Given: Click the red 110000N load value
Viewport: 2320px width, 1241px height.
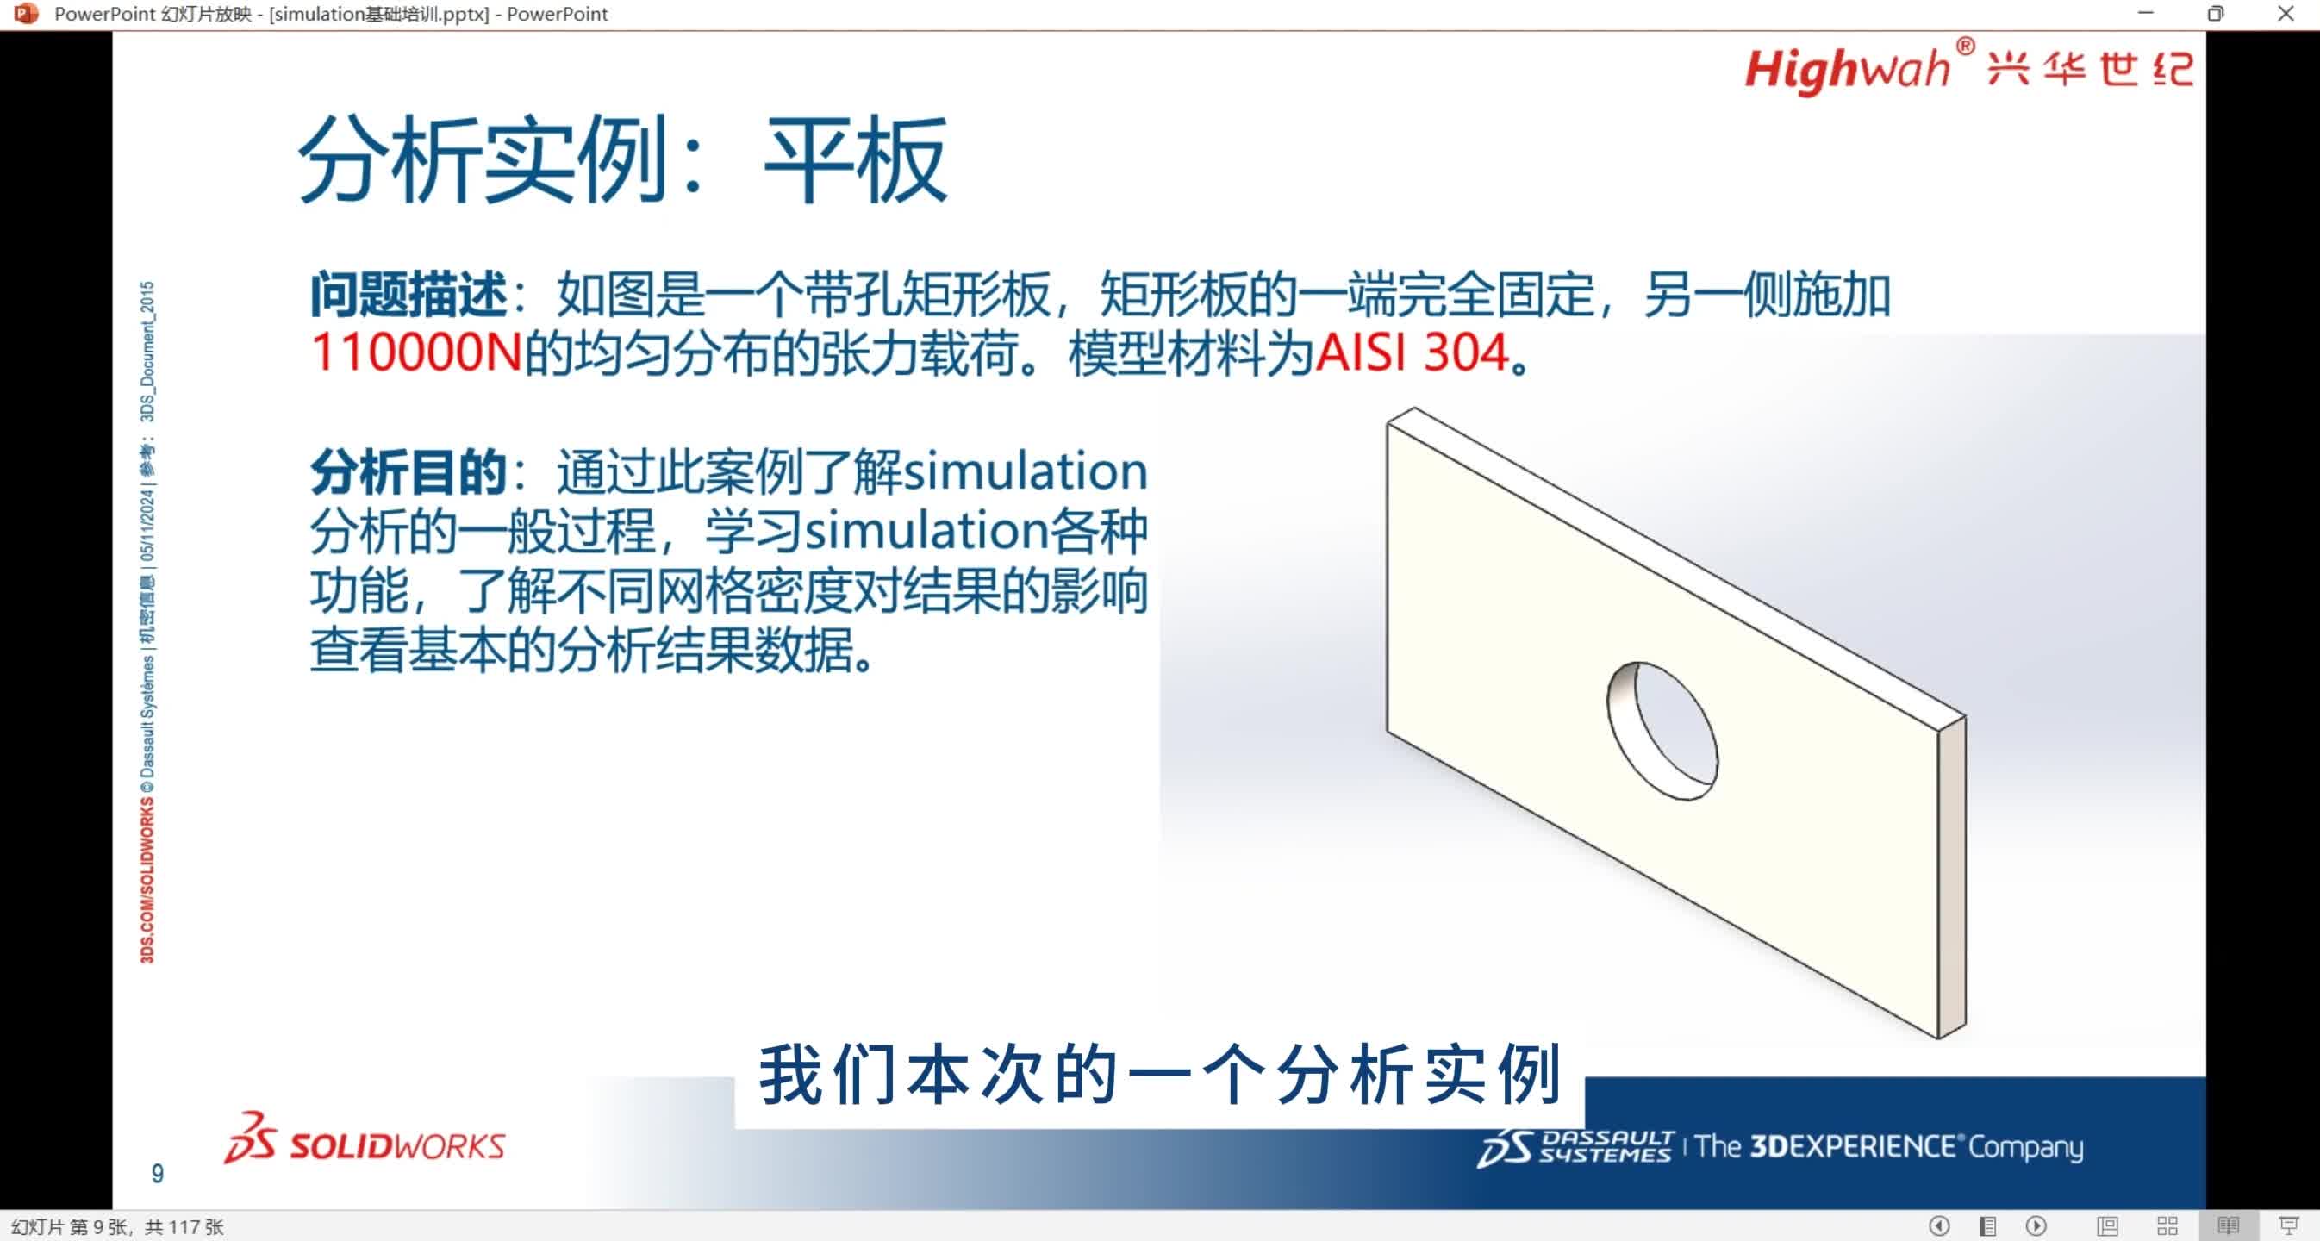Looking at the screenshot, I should (416, 353).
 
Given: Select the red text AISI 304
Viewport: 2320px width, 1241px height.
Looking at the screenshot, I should (1413, 353).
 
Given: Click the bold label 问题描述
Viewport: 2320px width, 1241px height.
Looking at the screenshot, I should (408, 296).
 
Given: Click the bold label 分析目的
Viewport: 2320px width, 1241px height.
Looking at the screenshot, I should (408, 472).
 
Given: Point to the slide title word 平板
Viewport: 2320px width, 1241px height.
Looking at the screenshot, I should (855, 160).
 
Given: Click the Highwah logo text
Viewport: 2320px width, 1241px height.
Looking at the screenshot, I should (1846, 69).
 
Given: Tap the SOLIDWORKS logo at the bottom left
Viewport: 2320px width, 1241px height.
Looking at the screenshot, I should (365, 1140).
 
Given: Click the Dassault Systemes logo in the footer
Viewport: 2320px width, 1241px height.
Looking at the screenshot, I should (1575, 1147).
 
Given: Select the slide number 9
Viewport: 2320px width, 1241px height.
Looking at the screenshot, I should (158, 1174).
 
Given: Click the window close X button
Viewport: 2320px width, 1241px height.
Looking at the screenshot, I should (2285, 14).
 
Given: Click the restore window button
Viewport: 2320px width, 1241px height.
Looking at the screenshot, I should (2216, 14).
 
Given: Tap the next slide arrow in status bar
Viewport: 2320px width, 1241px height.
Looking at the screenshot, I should (2036, 1225).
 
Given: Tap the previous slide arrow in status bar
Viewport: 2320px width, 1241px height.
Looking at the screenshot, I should (1939, 1225).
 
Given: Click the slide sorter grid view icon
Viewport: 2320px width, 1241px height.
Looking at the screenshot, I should (2167, 1225).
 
